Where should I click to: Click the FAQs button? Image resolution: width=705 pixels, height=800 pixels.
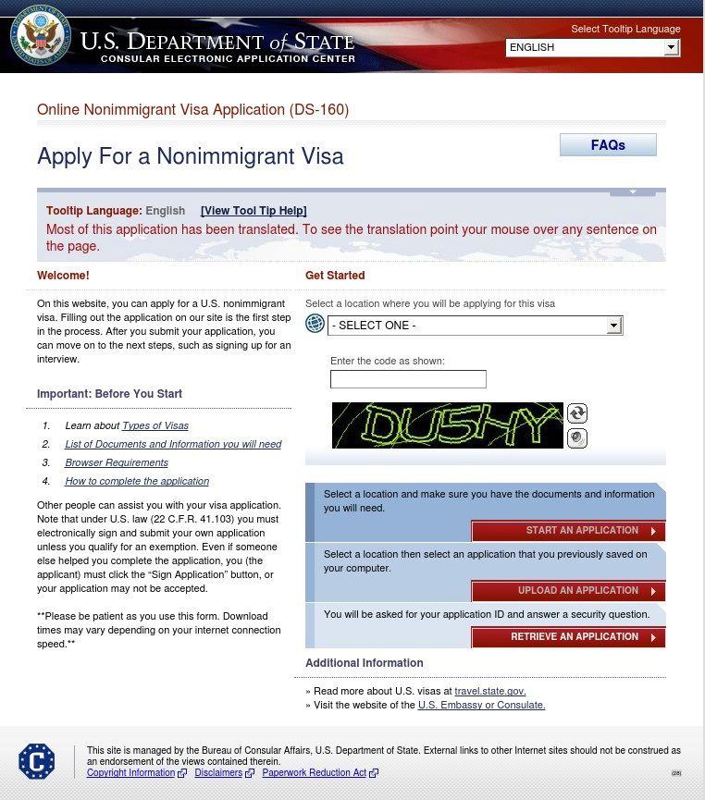[x=608, y=145]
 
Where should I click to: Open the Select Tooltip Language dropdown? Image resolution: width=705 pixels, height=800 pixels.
[x=592, y=47]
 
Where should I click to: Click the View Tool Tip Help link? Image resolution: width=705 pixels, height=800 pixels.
[x=254, y=211]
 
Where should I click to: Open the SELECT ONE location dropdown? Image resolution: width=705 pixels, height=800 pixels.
[x=475, y=326]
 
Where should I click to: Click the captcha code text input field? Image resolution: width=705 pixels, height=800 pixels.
[x=408, y=379]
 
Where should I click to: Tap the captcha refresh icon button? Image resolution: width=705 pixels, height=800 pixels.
[x=577, y=413]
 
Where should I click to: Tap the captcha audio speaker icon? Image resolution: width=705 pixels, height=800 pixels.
[x=577, y=438]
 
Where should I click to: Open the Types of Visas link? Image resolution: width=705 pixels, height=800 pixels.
[x=155, y=426]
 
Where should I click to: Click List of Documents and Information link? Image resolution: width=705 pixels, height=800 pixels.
[x=173, y=445]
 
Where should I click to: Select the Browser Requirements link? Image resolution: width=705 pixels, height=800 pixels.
[x=117, y=463]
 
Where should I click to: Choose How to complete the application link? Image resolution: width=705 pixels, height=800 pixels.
[x=137, y=482]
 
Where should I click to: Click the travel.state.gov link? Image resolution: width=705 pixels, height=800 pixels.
[x=490, y=692]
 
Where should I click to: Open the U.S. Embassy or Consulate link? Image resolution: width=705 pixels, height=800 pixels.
[x=481, y=706]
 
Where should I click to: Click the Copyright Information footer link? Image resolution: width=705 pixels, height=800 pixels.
[x=130, y=773]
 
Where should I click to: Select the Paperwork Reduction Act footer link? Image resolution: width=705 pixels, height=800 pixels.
[x=314, y=773]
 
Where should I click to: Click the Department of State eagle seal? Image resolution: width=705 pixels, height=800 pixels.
[x=40, y=36]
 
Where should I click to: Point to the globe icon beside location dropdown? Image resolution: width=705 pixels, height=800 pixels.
[x=315, y=324]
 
